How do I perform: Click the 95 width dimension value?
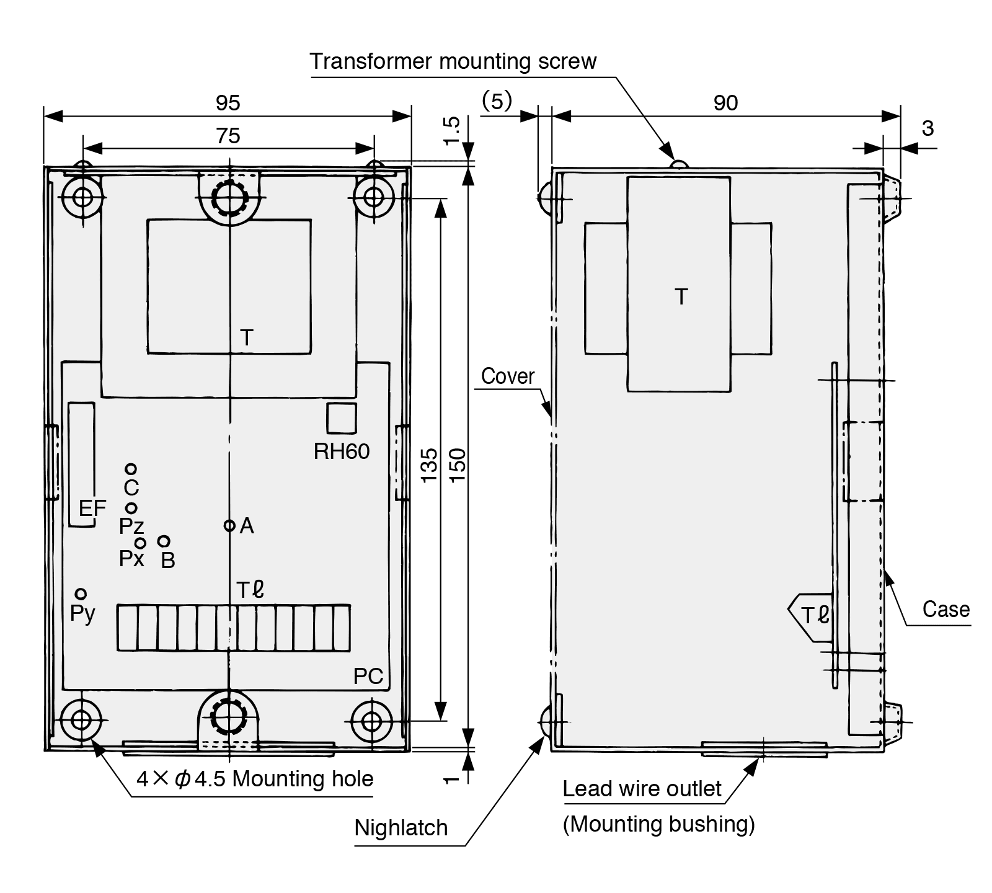coord(228,103)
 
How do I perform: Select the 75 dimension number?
coord(228,136)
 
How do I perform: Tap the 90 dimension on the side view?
coord(725,103)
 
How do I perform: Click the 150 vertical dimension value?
coord(457,464)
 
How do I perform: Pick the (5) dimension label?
coord(497,101)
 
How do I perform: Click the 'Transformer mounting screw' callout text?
coord(453,61)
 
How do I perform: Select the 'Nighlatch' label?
coord(401,828)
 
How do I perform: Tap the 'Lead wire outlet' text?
coord(642,789)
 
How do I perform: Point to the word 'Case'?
coord(946,609)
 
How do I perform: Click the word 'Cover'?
coord(508,376)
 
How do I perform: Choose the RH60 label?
coord(342,451)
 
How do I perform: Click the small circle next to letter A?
coord(229,526)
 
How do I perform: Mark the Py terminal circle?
coord(81,595)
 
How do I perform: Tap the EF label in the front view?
coord(92,509)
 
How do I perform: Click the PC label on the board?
coord(368,677)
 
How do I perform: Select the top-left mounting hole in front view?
coord(82,198)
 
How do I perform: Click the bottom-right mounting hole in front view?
coord(371,721)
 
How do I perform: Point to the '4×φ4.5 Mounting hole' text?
coord(255,779)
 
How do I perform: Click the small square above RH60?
coord(342,418)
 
